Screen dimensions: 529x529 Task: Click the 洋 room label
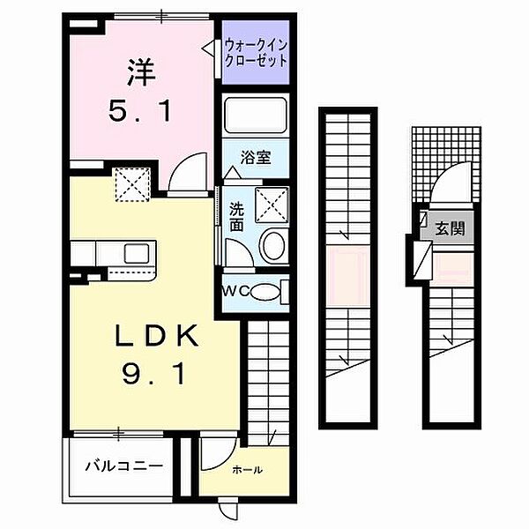pos(137,71)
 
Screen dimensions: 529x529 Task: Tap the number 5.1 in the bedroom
pos(137,112)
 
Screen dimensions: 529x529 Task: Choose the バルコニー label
pos(124,464)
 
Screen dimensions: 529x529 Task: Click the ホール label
pos(247,470)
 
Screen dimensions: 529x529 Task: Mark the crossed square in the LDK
pos(134,186)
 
